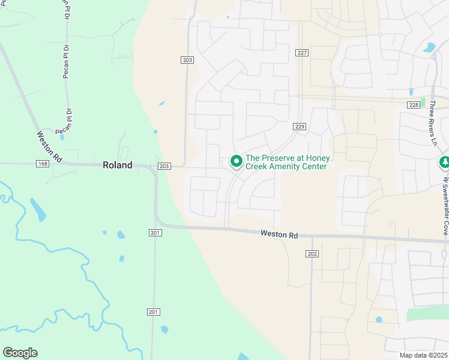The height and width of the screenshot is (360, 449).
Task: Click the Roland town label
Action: (118, 165)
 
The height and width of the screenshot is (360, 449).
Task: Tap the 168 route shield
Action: (42, 164)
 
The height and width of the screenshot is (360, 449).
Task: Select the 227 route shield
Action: (302, 53)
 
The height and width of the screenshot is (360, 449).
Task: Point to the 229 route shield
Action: (300, 127)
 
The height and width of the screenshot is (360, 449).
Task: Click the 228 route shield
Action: (413, 105)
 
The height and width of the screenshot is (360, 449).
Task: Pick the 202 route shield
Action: (312, 254)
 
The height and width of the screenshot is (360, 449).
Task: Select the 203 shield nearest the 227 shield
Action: (187, 59)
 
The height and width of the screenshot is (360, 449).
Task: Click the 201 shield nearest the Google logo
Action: (154, 311)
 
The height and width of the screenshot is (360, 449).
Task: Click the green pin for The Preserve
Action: (237, 161)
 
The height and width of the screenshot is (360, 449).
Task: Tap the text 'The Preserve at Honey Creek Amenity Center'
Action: (286, 162)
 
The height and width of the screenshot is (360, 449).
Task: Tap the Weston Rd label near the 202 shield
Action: (279, 235)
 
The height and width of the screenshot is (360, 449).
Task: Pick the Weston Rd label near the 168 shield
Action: (49, 145)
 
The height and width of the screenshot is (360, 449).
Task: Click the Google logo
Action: (20, 353)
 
